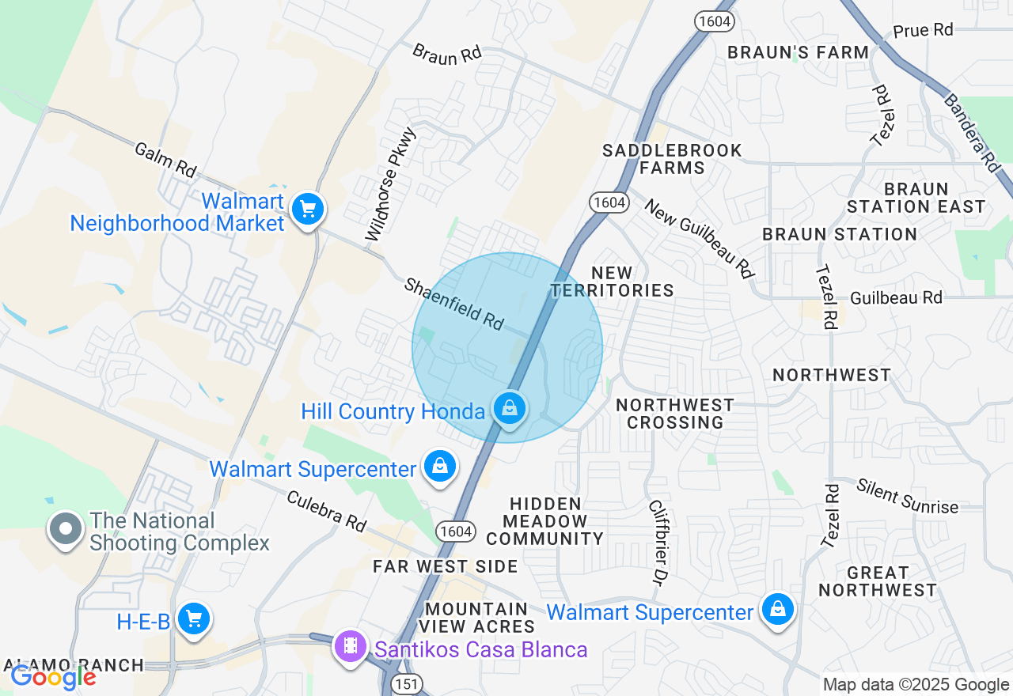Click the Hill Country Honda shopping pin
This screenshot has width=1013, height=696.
pos(510,409)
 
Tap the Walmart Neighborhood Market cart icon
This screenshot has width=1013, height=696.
pos(307,210)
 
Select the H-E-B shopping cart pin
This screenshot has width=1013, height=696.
pos(193,619)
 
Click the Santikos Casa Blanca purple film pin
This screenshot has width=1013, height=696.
pos(351,647)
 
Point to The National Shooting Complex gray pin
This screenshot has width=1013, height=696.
pos(66,528)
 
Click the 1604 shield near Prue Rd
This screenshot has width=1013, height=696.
pos(715,21)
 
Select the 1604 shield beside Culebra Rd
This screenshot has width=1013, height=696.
pos(455,531)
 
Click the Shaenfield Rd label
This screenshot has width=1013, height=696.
pos(454,304)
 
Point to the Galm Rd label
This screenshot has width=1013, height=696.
pos(165,159)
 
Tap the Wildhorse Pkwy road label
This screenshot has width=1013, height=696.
pos(390,184)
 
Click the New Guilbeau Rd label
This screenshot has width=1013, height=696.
pos(699,237)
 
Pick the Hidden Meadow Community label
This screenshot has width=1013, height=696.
pos(544,521)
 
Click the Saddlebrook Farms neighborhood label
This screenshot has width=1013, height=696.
pos(672,159)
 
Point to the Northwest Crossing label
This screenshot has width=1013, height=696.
pos(674,414)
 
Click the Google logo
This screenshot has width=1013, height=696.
pos(53,677)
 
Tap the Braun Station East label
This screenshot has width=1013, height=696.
pos(916,198)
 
